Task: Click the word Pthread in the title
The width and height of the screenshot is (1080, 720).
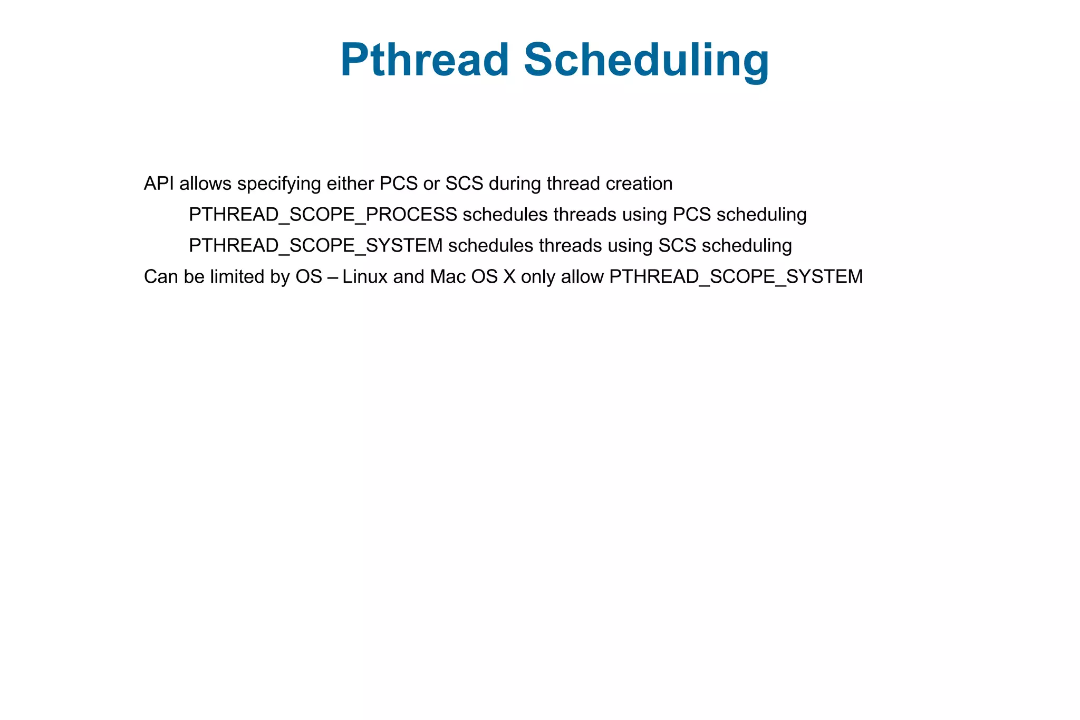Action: [425, 60]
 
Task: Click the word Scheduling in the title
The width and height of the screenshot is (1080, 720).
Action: [646, 60]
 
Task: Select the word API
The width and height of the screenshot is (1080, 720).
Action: [159, 184]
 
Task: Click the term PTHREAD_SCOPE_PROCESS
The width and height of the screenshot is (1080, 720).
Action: [323, 215]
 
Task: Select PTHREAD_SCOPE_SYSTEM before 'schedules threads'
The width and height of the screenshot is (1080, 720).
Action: [315, 246]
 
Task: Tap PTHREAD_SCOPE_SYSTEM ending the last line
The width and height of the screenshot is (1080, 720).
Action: [736, 277]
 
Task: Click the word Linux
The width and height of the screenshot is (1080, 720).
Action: [364, 277]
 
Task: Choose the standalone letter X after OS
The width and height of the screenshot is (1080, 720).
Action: [509, 277]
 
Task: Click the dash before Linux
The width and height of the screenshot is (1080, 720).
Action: [332, 277]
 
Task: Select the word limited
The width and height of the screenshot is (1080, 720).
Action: [237, 277]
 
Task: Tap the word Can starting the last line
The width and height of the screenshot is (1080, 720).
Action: [161, 277]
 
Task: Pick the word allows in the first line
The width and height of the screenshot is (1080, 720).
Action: [205, 184]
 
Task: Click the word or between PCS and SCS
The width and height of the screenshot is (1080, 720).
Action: [431, 184]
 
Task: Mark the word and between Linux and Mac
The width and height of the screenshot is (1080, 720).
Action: [408, 277]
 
